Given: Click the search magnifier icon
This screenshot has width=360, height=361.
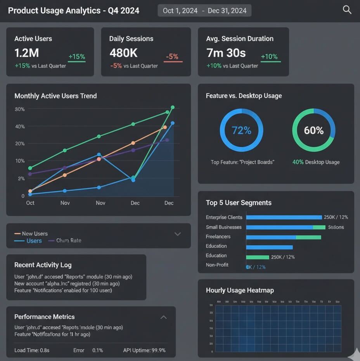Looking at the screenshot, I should pos(347,10).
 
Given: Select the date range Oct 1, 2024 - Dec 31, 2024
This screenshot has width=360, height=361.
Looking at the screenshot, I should pos(204,10).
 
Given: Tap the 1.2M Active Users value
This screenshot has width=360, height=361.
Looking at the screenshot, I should pos(27,53).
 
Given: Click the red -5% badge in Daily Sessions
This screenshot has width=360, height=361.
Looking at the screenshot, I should pos(172,57).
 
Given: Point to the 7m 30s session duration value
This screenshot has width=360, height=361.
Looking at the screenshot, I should pos(226,53).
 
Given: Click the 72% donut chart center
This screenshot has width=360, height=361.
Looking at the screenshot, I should pos(241,130).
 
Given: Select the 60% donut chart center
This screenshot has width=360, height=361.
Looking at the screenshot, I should pos(313,130).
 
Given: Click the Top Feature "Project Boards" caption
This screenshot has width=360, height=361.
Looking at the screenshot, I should pos(242,162).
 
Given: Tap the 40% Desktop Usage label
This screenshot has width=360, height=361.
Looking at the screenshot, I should pos(316,162).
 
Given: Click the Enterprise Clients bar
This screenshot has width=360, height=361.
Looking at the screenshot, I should pos(284,217).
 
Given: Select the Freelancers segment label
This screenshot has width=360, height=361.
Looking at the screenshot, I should pos(218,236).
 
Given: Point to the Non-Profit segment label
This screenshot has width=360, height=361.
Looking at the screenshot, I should pos(217,265).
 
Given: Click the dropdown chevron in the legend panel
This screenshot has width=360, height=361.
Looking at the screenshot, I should pos(178,234).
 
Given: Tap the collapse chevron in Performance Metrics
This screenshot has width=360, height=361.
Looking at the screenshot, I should pos(164,317).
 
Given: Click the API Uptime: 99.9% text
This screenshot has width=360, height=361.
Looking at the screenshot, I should pos(144,350).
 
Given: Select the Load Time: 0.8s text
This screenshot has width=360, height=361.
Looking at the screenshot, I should pos(32,350).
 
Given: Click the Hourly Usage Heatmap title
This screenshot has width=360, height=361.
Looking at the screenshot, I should pos(240,290).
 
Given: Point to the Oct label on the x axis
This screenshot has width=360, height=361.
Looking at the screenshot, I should pos(30,203).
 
